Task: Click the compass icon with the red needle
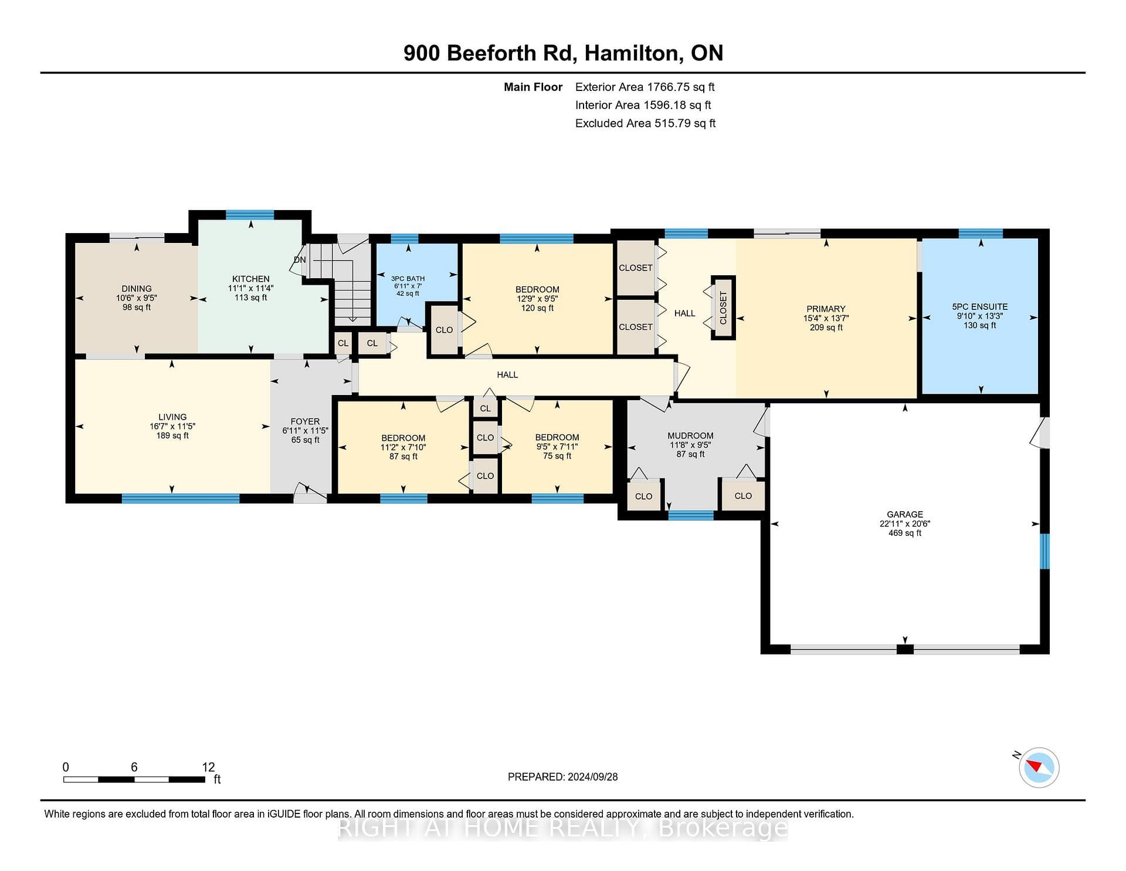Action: coord(1039,767)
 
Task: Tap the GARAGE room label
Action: coord(905,514)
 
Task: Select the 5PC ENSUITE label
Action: coord(979,306)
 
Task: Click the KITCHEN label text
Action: coord(251,279)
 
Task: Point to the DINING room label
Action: coord(137,288)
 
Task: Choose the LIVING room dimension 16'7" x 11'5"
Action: coord(172,426)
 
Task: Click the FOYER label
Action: coord(305,421)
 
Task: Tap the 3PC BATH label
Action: coord(408,279)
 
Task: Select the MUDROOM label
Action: coord(690,435)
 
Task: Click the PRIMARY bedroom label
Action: coord(826,309)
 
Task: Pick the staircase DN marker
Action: coord(300,259)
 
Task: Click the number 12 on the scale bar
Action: coord(208,767)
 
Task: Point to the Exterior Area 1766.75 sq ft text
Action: coord(645,87)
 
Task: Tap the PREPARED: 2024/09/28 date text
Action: coord(562,777)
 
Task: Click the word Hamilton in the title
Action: coord(632,53)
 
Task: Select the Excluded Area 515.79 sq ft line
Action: coord(646,123)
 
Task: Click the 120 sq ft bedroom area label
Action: coord(537,308)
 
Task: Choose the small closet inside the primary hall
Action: coord(723,308)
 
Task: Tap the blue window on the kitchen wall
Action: coord(250,214)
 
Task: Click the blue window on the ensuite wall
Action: coord(981,233)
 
